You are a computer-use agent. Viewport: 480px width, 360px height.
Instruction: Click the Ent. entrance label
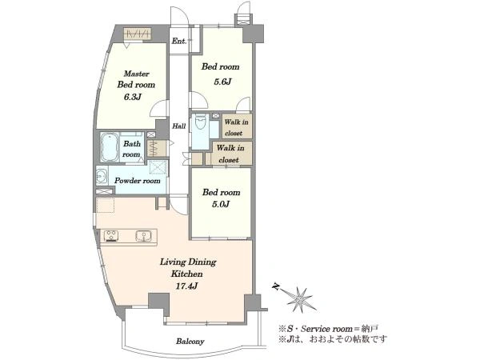click(178, 41)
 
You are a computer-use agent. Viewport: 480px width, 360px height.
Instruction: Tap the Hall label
click(178, 126)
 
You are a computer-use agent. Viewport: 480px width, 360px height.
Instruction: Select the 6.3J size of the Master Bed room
click(133, 97)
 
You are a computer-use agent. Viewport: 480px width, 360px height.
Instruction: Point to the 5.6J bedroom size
click(222, 82)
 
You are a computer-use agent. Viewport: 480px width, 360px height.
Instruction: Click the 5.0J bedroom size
click(221, 204)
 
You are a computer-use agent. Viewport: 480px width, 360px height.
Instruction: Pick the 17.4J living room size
click(186, 286)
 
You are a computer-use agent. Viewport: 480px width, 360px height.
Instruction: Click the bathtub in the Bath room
click(110, 147)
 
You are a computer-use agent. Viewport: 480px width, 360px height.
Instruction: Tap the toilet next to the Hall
click(201, 122)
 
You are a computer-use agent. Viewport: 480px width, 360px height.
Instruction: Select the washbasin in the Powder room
click(102, 176)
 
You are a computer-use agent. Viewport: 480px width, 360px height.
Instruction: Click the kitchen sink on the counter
click(143, 236)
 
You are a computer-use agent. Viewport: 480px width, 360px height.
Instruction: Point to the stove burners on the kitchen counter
click(111, 236)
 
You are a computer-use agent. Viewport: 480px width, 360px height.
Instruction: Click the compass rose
click(300, 298)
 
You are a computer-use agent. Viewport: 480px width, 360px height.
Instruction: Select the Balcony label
click(190, 342)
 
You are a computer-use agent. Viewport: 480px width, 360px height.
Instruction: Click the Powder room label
click(137, 181)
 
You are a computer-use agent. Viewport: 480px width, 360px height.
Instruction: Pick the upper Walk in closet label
click(236, 127)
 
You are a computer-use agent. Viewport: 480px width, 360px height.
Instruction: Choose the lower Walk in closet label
click(230, 154)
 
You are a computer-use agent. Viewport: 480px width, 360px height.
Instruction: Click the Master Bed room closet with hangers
click(138, 34)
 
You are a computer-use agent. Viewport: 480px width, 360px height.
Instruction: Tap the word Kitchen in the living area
click(186, 274)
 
